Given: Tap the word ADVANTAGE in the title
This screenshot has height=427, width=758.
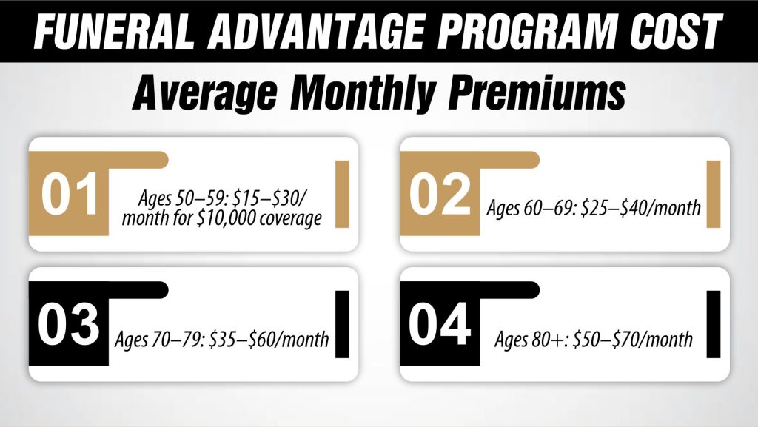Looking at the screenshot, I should tap(305, 32).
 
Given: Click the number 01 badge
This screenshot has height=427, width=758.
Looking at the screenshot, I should tap(70, 195).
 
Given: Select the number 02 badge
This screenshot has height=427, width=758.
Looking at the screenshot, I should tap(441, 195).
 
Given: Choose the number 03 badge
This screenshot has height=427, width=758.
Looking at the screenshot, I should tap(70, 326).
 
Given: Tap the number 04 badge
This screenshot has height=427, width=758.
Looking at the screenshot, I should tap(441, 326).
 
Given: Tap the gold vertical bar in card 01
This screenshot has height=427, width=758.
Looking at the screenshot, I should tap(343, 194).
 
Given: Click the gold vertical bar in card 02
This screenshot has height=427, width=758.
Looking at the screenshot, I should tap(713, 194).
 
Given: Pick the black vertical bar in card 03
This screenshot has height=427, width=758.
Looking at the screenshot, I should tap(343, 325).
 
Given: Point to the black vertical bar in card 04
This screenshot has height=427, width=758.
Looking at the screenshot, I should tap(713, 325).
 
